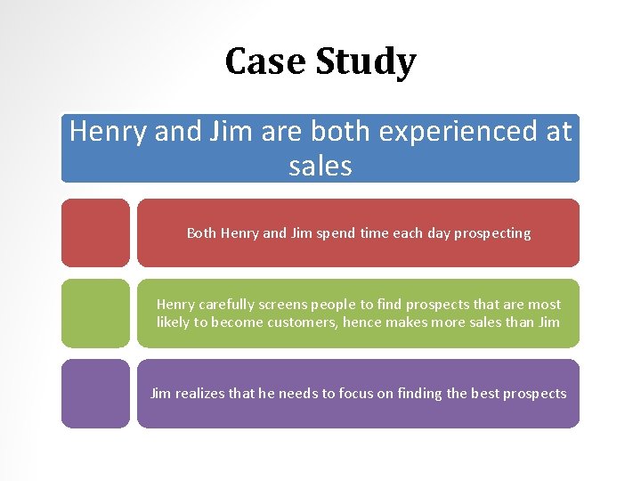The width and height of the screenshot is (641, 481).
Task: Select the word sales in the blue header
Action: coord(320,166)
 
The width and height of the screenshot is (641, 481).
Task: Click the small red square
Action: coord(95,232)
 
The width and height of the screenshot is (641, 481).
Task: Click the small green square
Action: coord(95,313)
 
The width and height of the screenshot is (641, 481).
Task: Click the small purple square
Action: coord(95,393)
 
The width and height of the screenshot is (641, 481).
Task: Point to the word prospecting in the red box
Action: coord(492,233)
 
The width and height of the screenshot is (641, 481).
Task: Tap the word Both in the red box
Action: coord(201,233)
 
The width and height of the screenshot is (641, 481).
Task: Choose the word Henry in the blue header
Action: coord(109,132)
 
